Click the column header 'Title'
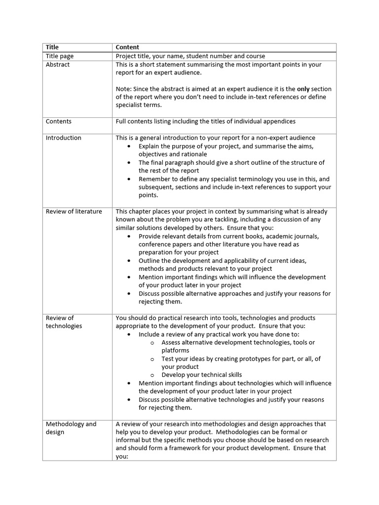tap(52, 47)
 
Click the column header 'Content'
tap(127, 47)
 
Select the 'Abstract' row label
tap(58, 65)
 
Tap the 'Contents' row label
tap(59, 121)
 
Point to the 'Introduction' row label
tap(64, 138)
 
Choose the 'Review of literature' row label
tap(74, 212)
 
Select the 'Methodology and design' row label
tap(71, 428)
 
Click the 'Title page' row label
tap(60, 56)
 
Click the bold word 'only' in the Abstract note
tap(303, 89)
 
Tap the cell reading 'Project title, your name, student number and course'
tap(190, 56)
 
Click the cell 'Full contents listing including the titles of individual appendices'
tap(205, 121)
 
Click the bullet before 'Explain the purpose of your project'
tap(129, 146)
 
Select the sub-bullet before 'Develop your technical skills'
tap(152, 375)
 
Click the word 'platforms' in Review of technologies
tap(175, 351)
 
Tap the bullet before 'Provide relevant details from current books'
tap(129, 236)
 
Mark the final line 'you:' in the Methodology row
tap(122, 457)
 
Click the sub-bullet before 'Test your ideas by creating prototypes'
tap(152, 359)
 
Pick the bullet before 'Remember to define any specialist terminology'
tap(129, 180)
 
